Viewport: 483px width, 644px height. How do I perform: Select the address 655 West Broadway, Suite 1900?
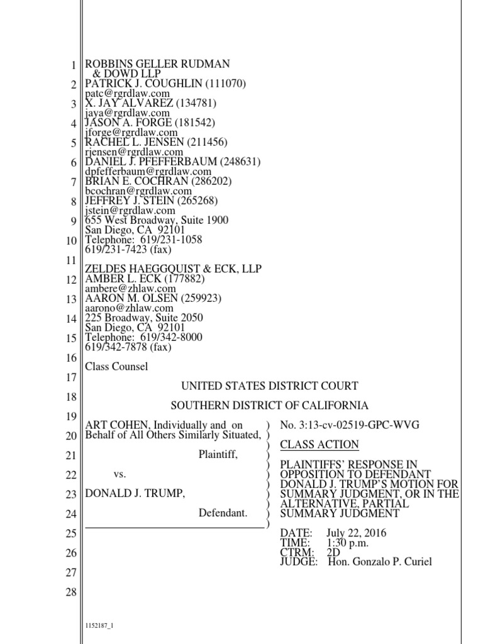tap(157, 220)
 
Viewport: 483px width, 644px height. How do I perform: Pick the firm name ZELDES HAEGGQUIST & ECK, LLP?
tap(173, 269)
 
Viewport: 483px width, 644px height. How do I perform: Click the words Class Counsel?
tap(116, 367)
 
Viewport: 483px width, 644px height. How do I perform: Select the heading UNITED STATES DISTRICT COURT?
tap(270, 386)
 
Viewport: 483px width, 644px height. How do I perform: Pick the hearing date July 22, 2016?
tap(357, 533)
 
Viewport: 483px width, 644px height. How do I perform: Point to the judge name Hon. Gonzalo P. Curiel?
tap(380, 562)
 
